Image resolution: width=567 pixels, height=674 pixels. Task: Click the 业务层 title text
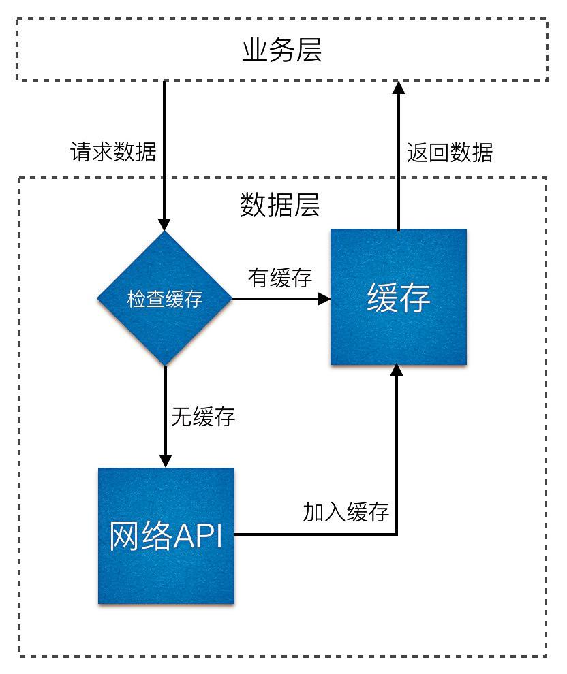click(x=281, y=51)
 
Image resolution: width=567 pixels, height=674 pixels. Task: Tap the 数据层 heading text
click(x=280, y=204)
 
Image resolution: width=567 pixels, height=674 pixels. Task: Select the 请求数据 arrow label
click(x=113, y=151)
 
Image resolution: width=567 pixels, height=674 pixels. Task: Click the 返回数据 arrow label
click(x=449, y=151)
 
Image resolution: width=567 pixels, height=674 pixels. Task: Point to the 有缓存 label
click(x=280, y=278)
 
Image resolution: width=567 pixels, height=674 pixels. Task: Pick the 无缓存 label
click(x=202, y=417)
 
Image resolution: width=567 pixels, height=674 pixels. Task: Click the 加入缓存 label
click(x=346, y=512)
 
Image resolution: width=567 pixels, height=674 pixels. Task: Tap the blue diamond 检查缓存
click(x=165, y=298)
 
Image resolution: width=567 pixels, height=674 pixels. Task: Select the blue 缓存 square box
click(x=399, y=298)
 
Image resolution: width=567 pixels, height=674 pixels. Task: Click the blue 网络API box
click(x=166, y=536)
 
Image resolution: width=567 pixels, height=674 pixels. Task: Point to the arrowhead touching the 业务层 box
click(x=399, y=87)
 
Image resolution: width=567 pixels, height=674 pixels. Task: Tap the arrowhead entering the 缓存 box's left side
click(x=324, y=298)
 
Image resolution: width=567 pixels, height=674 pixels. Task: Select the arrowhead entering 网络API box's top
click(x=165, y=461)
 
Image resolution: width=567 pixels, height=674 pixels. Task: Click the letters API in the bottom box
click(x=198, y=536)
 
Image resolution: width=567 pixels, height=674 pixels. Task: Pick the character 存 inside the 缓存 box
click(x=415, y=298)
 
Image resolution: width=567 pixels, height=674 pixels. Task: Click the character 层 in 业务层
click(x=308, y=51)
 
